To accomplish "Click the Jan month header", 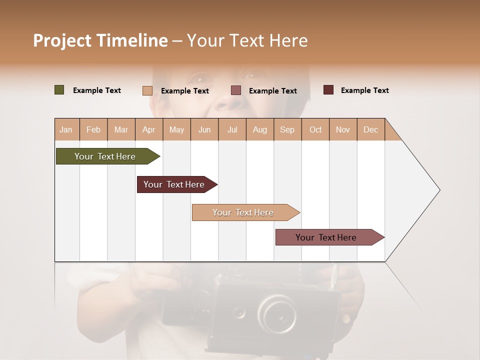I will (66, 129).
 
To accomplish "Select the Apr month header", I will (148, 129).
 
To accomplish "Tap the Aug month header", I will (259, 129).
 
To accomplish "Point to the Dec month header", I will (370, 129).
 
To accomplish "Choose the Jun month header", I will (204, 129).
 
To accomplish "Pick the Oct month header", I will (315, 129).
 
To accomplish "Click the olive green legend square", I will (59, 90).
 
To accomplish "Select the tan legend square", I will (147, 90).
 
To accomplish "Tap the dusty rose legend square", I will (236, 90).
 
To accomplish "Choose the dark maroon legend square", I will (328, 90).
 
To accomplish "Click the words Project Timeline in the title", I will (100, 40).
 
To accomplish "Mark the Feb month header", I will (93, 129).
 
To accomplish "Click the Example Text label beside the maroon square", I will (364, 90).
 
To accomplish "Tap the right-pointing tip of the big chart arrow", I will (439, 190).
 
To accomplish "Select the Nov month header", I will (343, 129).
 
